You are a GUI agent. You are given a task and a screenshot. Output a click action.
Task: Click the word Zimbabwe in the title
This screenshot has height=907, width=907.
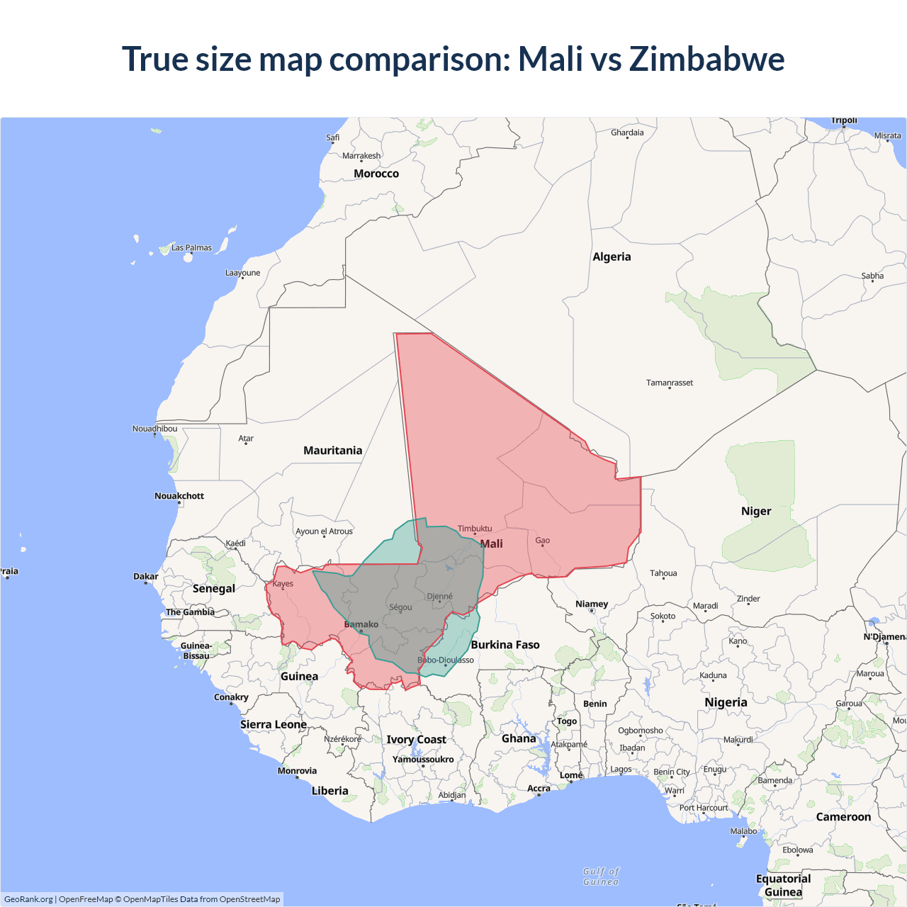[x=706, y=59]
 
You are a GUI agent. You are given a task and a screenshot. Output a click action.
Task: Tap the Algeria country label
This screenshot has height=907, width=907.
[x=612, y=257]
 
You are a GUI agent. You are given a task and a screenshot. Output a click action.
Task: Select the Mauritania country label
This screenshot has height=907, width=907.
[x=332, y=451]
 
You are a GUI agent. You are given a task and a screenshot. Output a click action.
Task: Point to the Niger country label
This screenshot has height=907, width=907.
[x=756, y=512]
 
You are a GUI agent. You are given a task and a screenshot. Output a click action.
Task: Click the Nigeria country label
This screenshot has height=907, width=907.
[x=726, y=702]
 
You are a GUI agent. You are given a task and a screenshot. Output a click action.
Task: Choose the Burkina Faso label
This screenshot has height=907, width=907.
[x=505, y=645]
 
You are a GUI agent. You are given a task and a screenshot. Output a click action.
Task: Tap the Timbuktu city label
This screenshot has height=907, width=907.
[x=475, y=529]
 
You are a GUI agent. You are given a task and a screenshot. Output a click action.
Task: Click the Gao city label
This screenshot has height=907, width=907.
[x=543, y=541]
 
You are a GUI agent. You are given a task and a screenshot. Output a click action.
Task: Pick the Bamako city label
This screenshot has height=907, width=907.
[x=361, y=624]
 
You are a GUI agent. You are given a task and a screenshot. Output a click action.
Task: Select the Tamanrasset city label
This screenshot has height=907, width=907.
[x=670, y=383]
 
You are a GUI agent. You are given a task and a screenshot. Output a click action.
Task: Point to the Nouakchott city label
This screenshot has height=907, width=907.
[x=179, y=496]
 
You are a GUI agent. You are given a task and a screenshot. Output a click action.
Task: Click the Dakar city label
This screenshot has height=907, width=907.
[x=146, y=576]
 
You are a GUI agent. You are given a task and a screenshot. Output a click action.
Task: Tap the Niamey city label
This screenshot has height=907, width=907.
[x=592, y=604]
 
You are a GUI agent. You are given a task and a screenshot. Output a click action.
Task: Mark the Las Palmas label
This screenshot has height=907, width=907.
[x=191, y=248]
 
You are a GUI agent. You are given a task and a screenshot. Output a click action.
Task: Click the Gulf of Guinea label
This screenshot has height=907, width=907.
[x=601, y=877]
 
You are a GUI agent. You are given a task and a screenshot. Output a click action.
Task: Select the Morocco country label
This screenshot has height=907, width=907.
[x=376, y=174]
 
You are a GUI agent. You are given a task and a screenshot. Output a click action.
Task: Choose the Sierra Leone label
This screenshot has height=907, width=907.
[x=274, y=724]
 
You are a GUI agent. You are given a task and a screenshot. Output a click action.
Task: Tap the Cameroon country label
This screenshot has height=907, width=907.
[x=843, y=817]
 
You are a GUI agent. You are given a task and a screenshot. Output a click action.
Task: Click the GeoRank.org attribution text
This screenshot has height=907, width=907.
[x=28, y=899]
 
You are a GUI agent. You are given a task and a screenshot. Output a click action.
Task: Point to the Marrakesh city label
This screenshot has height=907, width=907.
[x=361, y=156]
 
